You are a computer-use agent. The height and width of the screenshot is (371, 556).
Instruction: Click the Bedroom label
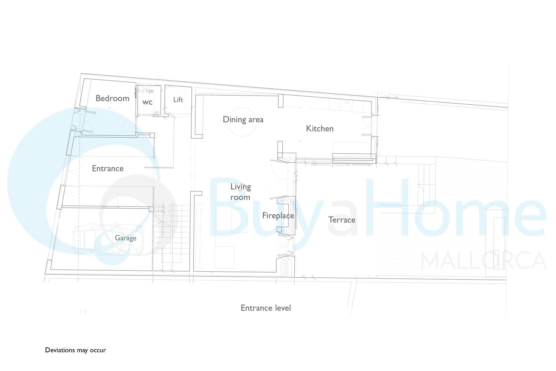click(113, 99)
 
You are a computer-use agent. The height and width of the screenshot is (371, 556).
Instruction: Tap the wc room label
click(147, 102)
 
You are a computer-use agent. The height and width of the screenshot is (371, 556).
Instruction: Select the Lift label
click(178, 99)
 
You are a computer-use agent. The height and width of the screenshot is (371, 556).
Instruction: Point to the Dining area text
click(243, 120)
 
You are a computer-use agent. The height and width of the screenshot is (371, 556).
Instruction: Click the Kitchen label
click(320, 128)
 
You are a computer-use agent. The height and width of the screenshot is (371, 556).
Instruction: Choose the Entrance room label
click(108, 168)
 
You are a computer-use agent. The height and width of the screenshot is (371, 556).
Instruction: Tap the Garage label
click(125, 238)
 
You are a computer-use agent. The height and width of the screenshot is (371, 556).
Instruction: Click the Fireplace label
click(278, 216)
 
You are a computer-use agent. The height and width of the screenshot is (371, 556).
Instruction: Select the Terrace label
click(342, 220)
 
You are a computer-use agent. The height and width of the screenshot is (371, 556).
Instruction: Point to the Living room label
click(240, 192)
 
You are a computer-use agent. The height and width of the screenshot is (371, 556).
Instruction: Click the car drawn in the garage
click(108, 240)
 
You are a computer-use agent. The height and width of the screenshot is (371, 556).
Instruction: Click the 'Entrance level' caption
click(266, 308)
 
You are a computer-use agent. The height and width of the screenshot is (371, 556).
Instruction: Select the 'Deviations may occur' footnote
click(75, 350)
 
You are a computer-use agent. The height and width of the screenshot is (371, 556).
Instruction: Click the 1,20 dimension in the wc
click(149, 91)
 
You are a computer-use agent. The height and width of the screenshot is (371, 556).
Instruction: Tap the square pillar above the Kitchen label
click(281, 101)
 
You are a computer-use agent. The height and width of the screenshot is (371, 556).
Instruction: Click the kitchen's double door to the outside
click(367, 126)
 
